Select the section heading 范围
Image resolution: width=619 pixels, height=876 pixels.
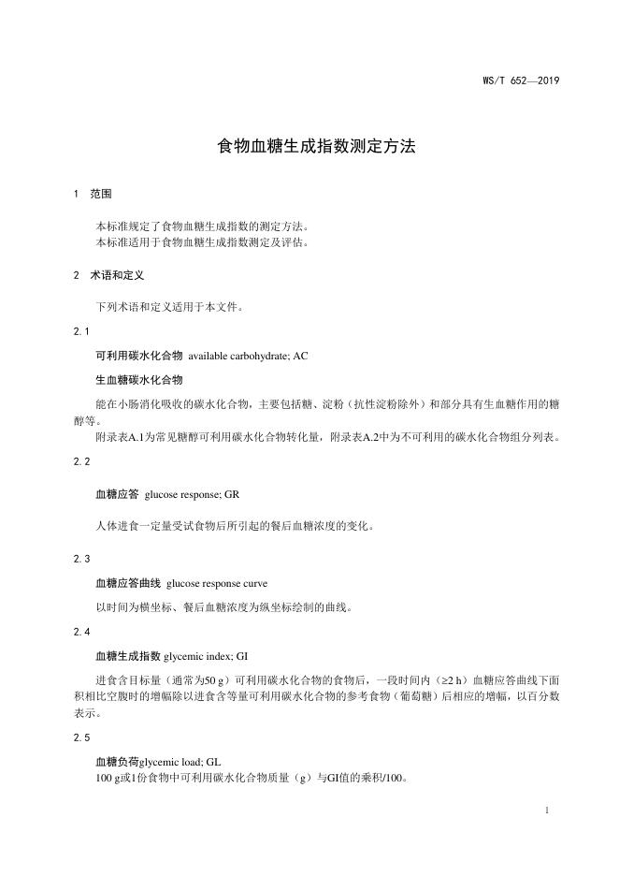(101, 195)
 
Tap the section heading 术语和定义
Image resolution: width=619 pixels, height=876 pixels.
(116, 276)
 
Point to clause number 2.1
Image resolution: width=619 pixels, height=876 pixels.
(80, 331)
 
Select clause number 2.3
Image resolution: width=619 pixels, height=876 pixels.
(80, 559)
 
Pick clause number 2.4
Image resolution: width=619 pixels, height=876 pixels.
(80, 632)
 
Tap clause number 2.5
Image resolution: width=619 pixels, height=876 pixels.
(80, 737)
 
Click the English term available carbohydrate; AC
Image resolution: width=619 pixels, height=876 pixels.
(248, 357)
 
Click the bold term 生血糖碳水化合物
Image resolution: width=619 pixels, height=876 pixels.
(139, 380)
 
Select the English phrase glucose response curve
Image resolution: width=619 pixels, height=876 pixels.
(230, 583)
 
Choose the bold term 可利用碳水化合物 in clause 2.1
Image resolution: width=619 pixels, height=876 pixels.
(139, 357)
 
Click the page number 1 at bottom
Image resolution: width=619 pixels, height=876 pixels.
(546, 811)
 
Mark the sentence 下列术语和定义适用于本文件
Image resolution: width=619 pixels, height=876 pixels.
(170, 306)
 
